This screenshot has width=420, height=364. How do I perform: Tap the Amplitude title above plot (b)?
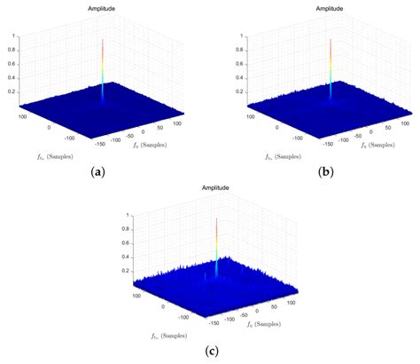[x=330, y=10]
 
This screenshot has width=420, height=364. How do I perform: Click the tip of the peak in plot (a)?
[x=103, y=38]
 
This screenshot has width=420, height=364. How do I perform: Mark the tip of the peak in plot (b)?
[x=331, y=38]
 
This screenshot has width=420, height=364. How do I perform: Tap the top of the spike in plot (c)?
[x=216, y=219]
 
